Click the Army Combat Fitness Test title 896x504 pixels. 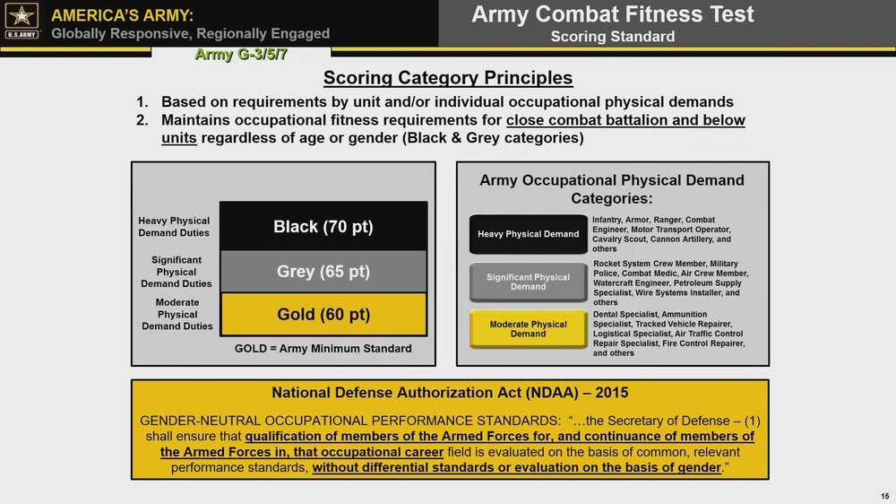(x=612, y=14)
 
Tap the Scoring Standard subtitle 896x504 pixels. (x=612, y=37)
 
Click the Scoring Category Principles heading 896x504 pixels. (x=447, y=78)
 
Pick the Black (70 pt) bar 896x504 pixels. (x=323, y=227)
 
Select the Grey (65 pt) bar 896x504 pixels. (x=323, y=271)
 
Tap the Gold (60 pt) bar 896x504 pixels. (x=323, y=315)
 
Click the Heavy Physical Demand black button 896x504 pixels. (x=528, y=234)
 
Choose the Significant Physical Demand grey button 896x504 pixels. (x=528, y=282)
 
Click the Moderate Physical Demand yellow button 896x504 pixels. (x=528, y=329)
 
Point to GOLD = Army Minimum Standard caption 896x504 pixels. (x=323, y=348)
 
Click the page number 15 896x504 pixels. (x=884, y=496)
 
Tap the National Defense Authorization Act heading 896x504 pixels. (x=450, y=393)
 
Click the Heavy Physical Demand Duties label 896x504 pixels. (x=174, y=227)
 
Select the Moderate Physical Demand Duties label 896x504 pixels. (x=177, y=315)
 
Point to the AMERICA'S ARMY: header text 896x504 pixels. (x=122, y=14)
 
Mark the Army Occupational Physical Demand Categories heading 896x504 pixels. (x=612, y=188)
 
